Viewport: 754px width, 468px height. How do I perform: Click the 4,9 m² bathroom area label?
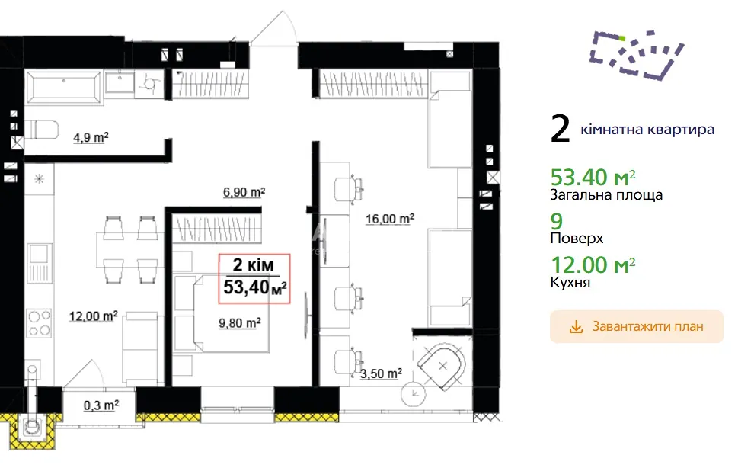click(91, 138)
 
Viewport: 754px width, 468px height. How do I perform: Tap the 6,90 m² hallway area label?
click(244, 192)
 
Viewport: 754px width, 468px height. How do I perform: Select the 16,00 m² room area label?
click(389, 219)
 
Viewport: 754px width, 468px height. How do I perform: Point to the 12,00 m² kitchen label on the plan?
click(93, 316)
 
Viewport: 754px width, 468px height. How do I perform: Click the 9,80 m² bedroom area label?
click(239, 322)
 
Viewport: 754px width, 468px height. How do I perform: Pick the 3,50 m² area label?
click(381, 373)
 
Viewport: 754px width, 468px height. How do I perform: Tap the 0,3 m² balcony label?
click(101, 405)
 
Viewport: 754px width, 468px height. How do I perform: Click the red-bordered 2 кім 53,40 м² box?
click(254, 278)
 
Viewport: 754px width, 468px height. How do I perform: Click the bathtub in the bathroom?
click(64, 87)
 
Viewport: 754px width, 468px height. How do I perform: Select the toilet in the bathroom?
click(42, 130)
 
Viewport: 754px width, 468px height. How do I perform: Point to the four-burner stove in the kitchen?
click(40, 323)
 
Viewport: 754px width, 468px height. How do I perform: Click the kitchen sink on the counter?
click(39, 263)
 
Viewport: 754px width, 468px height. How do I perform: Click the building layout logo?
click(637, 55)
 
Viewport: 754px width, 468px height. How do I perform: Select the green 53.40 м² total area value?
click(593, 178)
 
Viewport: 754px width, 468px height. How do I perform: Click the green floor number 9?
click(557, 221)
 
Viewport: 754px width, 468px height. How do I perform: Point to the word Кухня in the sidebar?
click(570, 282)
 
